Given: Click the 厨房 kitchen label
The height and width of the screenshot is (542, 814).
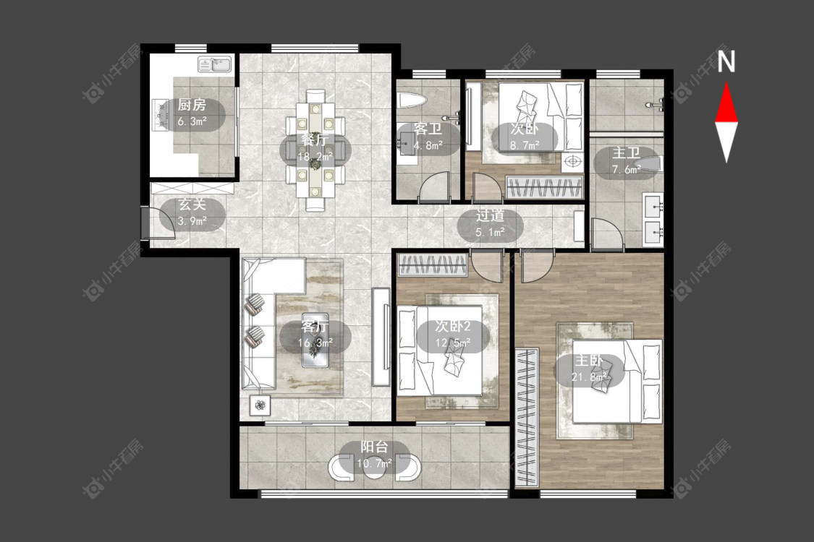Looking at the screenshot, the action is pos(192,106).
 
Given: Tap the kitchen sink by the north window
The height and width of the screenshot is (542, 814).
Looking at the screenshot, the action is pos(215,65).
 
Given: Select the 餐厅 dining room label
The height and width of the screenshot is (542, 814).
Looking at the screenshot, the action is pos(315,140).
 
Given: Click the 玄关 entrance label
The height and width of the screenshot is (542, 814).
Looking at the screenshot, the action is pos(192,204).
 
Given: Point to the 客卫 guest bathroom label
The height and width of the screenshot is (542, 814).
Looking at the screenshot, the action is pos(428,129).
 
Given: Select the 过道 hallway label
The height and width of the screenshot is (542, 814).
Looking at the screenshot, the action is pos(490,216).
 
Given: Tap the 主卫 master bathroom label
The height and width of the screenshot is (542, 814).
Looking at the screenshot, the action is pos(626,153).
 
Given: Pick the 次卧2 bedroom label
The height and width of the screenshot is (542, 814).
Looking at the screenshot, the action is pos(453,326).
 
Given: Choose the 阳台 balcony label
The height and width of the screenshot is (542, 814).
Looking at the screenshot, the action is pos(374,447).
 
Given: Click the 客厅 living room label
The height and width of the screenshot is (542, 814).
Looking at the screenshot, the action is pos(315,326).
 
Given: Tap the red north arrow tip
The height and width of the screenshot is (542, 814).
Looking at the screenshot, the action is pos(726,83).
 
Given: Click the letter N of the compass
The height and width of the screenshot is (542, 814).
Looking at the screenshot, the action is pos(726,62).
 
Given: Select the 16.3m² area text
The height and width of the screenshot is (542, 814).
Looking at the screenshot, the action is pos(315,343).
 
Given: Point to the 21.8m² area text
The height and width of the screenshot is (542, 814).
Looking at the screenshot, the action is pos(589,377).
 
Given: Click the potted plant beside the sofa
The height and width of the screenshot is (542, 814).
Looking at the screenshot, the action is pos(260,405).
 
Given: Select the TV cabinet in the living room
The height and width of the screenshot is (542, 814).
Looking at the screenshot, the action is pos(381,337).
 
